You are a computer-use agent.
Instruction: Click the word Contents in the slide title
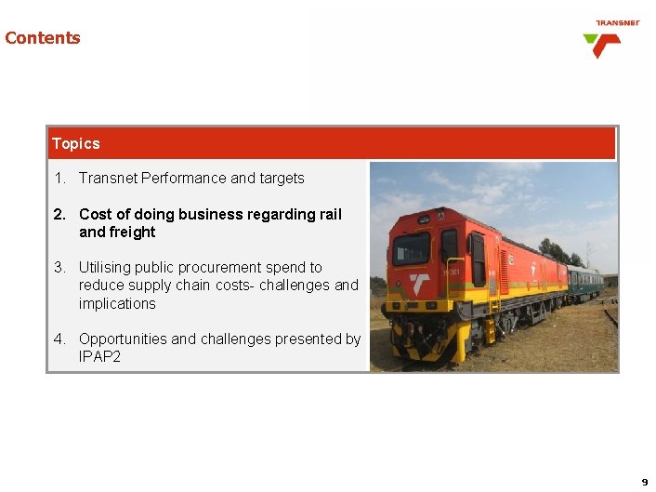tap(43, 38)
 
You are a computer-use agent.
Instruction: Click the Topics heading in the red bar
tap(76, 143)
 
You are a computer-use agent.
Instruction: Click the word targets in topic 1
tap(282, 178)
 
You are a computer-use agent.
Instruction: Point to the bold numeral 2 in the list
tap(59, 214)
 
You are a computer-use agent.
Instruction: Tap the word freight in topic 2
tap(131, 232)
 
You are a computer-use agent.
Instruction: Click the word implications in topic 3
tap(117, 303)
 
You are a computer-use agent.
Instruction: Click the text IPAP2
tap(100, 356)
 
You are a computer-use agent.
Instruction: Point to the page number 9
tap(644, 482)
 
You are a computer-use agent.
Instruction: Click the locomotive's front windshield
tap(412, 248)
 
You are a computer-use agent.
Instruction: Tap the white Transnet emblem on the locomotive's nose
tap(419, 285)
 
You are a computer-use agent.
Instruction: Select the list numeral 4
tap(59, 339)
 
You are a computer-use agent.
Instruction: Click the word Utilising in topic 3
tap(109, 267)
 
